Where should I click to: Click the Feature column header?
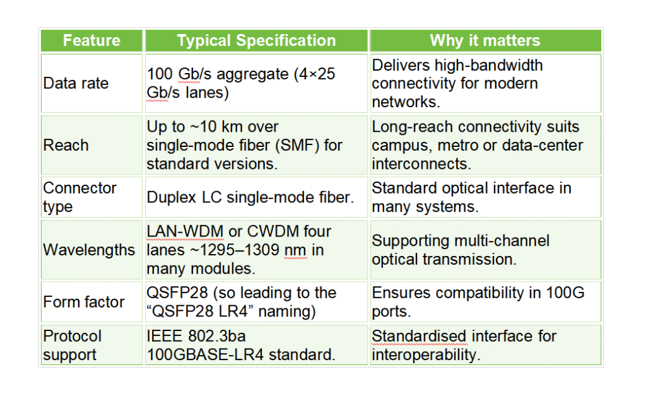[91, 41]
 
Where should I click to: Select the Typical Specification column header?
[256, 41]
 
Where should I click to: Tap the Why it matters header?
[484, 41]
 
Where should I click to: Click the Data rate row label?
[76, 83]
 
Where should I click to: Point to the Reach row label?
[66, 145]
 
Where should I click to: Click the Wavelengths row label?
[88, 250]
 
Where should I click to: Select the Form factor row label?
[84, 302]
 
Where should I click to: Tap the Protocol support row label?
[73, 345]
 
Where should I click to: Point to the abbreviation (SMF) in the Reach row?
[300, 145]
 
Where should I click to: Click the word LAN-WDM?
[185, 231]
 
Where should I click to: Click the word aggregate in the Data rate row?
[250, 74]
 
